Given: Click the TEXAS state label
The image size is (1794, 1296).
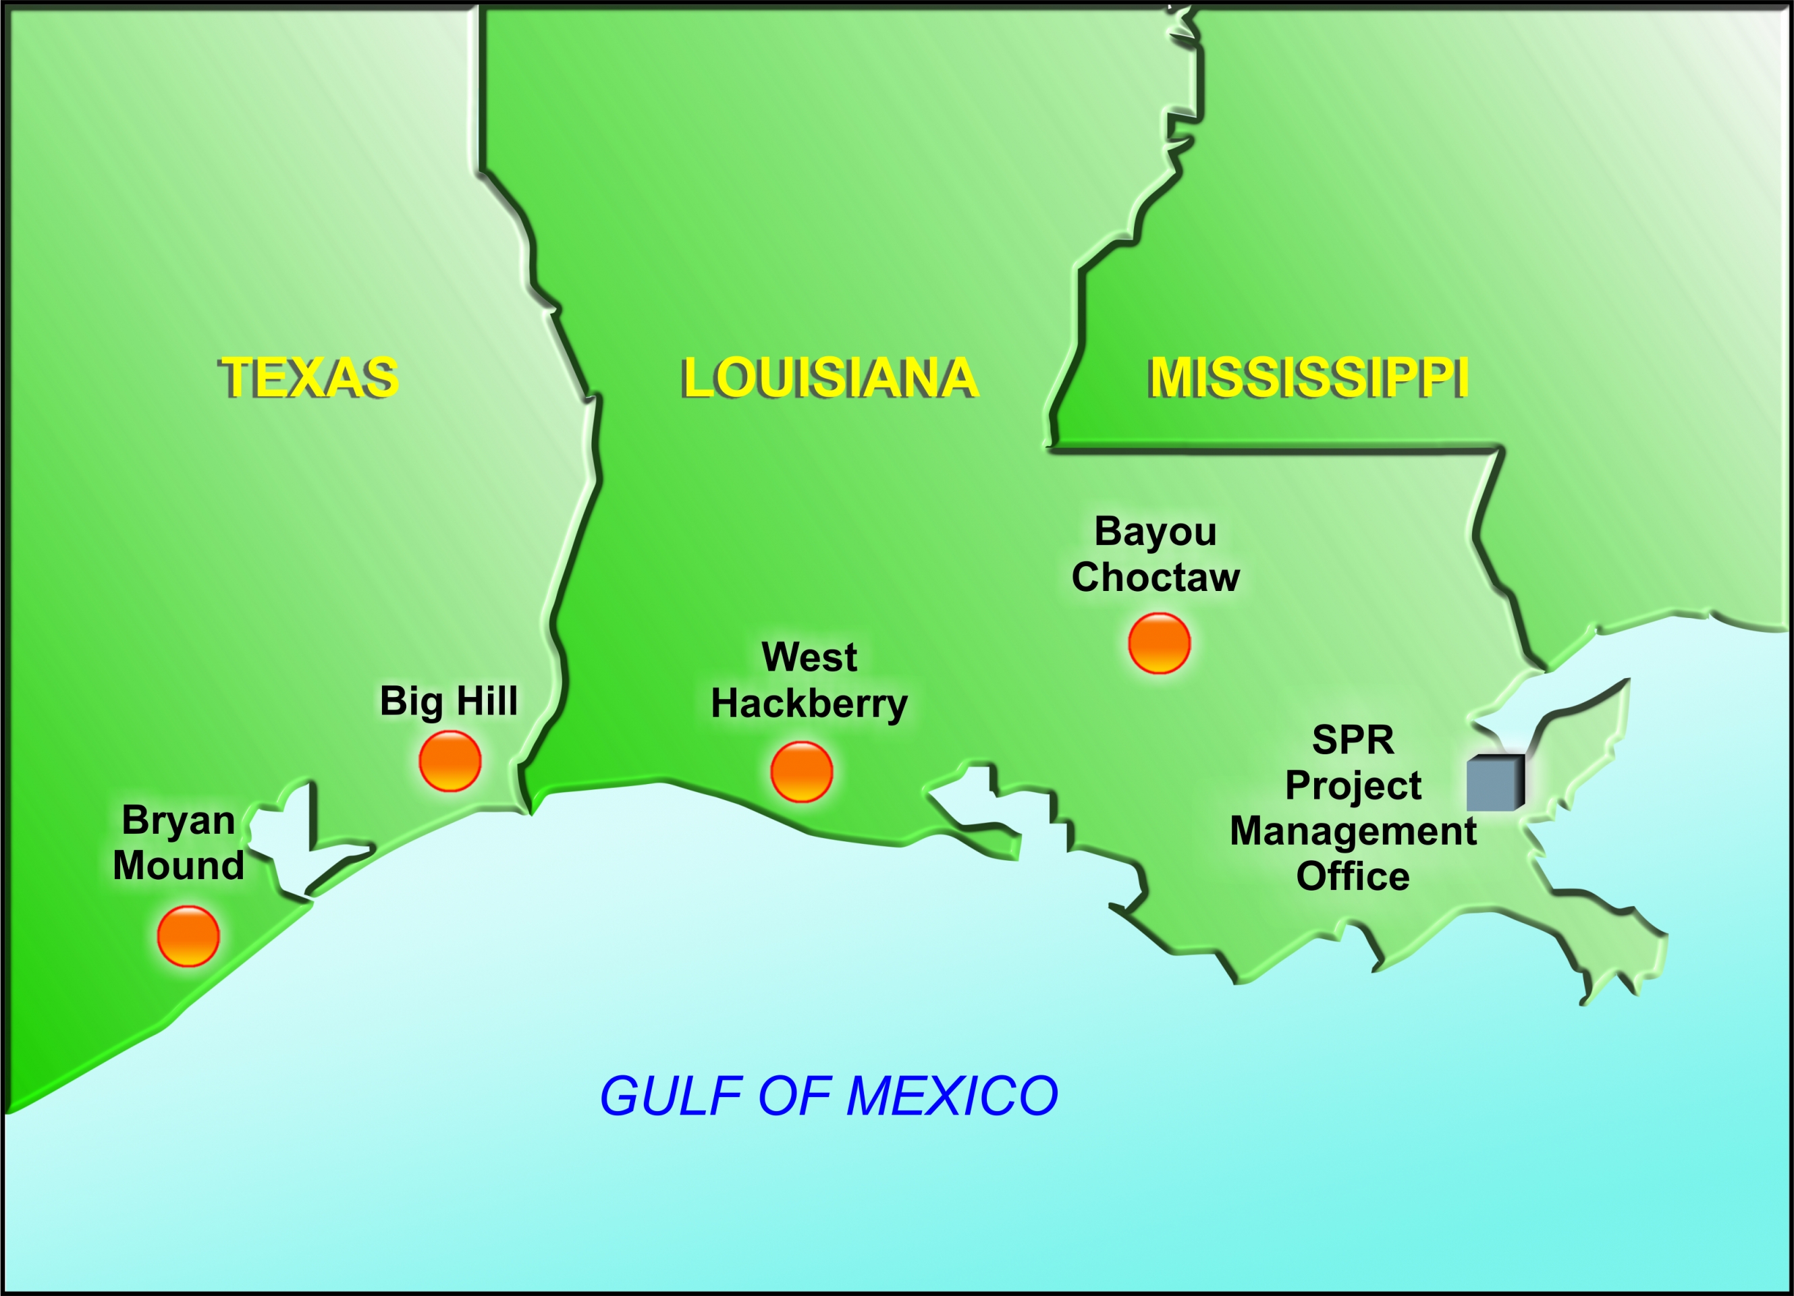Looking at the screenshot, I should (x=308, y=377).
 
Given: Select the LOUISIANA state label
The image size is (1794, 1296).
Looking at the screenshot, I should (x=830, y=377).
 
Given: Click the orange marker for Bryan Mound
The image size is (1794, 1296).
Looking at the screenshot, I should (x=188, y=936).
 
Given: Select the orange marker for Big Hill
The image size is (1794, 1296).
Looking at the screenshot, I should (x=450, y=762).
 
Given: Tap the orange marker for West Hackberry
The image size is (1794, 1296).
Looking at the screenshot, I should (x=801, y=772).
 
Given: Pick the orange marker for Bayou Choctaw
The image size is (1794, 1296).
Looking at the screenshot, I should (x=1159, y=643).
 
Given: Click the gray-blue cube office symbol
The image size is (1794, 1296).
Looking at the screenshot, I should (x=1495, y=783).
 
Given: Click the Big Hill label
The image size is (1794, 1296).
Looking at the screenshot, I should (x=448, y=700).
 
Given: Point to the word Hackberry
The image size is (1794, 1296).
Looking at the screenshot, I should (x=809, y=704).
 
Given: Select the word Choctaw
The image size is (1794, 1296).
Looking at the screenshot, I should (x=1155, y=577).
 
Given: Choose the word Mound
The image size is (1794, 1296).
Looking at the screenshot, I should (x=178, y=865).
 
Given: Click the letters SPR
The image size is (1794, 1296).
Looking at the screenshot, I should (x=1353, y=740).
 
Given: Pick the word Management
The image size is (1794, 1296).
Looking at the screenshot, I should (x=1353, y=831).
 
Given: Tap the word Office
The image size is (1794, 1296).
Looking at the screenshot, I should (x=1353, y=876).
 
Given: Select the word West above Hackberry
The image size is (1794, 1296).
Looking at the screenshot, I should (x=809, y=657).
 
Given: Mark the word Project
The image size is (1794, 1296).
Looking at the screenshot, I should (x=1353, y=786).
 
